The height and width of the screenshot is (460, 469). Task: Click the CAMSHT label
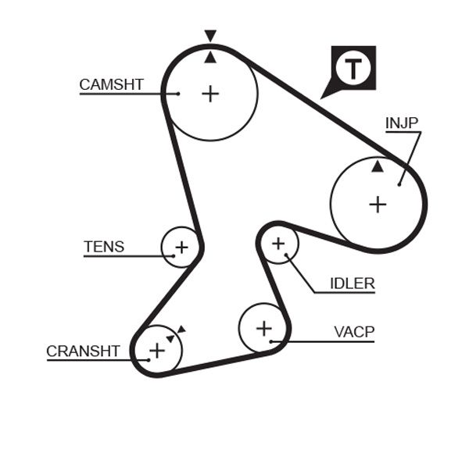coord(112,84)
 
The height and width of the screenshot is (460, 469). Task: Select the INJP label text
coord(402,123)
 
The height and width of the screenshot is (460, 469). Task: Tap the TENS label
coord(104,247)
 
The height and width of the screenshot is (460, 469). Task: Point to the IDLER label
coord(352,283)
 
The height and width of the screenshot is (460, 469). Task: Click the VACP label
coord(354,332)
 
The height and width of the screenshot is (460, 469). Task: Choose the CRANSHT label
coord(83,351)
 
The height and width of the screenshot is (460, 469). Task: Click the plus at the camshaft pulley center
coord(210,94)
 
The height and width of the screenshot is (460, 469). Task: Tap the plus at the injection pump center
coord(378,205)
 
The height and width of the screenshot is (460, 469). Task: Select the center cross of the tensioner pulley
coord(181,248)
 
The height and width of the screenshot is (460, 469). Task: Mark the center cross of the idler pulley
coord(278,244)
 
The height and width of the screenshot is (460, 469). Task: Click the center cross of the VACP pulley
coord(263,328)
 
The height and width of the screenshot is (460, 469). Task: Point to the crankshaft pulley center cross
coord(157,350)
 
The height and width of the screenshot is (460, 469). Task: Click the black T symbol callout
coord(353,68)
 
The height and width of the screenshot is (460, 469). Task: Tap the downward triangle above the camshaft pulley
coord(209,35)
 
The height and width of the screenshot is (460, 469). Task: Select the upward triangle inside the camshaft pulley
coord(209,57)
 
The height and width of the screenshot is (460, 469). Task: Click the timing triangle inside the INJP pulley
coord(378,166)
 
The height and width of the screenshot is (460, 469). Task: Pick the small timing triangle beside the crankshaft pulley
coord(180,330)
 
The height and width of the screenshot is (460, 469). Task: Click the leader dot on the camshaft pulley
coord(178,94)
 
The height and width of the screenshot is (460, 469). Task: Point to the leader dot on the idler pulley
coord(288,255)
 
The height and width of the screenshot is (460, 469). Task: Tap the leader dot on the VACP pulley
coord(270,341)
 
